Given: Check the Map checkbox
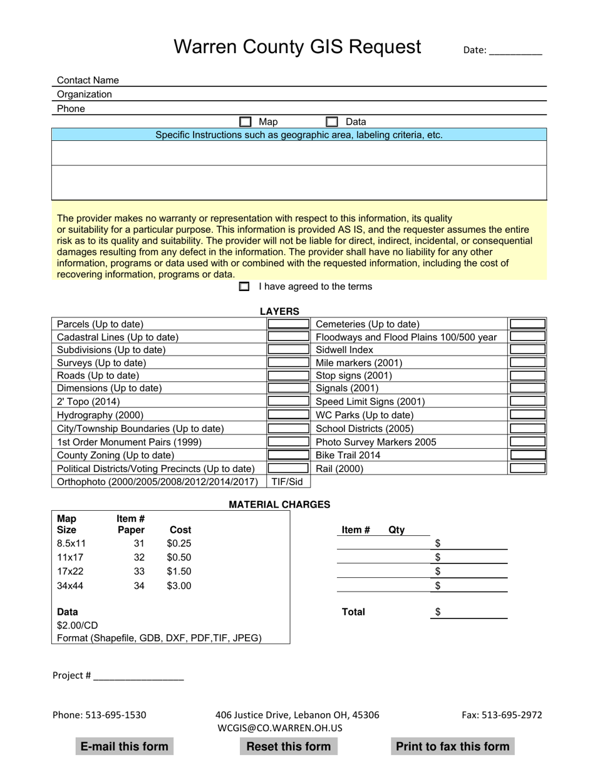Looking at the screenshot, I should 246,122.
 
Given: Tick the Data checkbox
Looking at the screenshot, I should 332,122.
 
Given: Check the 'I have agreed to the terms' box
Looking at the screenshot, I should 244,287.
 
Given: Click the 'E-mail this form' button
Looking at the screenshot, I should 125,746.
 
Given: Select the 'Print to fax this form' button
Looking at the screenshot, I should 452,746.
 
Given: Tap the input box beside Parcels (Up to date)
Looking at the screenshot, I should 289,324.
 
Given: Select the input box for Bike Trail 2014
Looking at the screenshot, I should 527,455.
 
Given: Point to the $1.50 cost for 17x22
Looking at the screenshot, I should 179,572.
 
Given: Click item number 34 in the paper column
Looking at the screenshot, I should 139,586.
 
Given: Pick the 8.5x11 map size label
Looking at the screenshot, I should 71,543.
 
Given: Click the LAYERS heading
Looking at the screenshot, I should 279,311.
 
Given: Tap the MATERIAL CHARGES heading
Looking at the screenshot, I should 279,505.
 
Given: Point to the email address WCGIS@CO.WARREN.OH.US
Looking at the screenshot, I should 280,727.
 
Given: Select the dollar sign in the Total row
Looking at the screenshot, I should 438,612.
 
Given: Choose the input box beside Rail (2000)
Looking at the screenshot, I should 527,468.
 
